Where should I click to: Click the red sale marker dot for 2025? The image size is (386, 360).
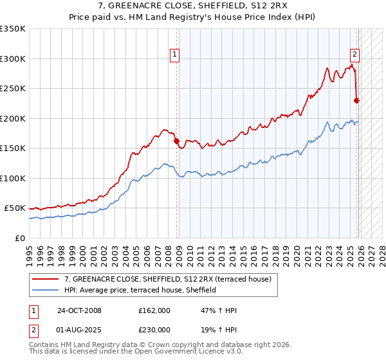click(357, 100)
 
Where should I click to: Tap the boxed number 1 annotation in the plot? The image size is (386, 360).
click(174, 55)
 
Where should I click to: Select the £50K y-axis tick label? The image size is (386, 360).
click(15, 208)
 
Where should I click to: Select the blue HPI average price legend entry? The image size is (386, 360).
click(140, 291)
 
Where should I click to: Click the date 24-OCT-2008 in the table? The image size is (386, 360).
click(79, 310)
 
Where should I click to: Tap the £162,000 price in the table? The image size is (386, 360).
click(154, 310)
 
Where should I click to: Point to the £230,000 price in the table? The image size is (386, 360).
click(154, 330)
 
